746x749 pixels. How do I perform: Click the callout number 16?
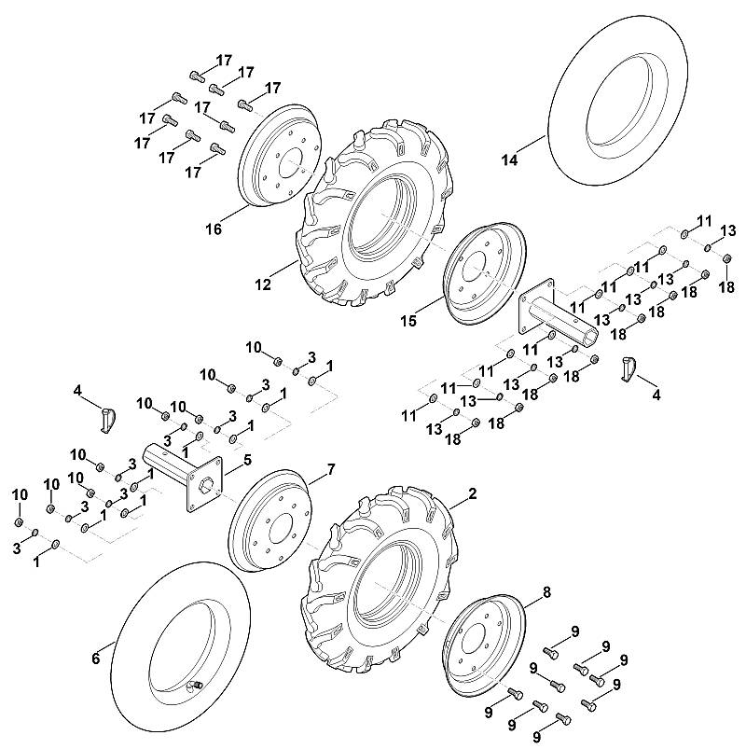[214, 229]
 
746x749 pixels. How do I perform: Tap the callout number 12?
[263, 284]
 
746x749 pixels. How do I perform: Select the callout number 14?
[509, 160]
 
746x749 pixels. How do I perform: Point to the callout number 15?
[408, 321]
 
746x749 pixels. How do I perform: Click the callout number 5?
[247, 460]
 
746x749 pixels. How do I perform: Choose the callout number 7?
[330, 470]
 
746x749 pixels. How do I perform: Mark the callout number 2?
[473, 494]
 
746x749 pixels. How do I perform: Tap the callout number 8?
[546, 592]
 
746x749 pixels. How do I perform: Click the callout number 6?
[96, 659]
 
